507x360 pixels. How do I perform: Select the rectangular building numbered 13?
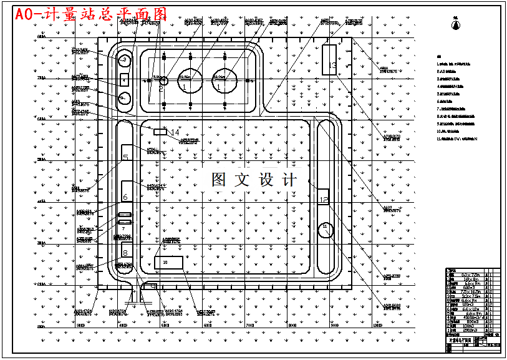click(x=329, y=59)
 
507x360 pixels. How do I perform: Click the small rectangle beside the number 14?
click(x=160, y=132)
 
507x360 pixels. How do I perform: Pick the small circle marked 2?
click(x=163, y=80)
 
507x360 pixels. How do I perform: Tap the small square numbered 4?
click(x=124, y=79)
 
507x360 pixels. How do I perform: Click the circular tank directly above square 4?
click(x=125, y=60)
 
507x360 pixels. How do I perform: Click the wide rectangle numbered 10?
click(x=168, y=263)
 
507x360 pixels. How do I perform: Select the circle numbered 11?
click(x=325, y=230)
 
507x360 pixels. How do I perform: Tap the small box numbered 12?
click(x=323, y=197)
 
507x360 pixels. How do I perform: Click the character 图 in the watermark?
click(x=219, y=180)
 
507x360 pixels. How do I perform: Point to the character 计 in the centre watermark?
click(x=289, y=180)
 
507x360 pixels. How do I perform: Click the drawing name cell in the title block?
click(x=460, y=343)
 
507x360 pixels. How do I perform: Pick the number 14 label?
click(x=175, y=132)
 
